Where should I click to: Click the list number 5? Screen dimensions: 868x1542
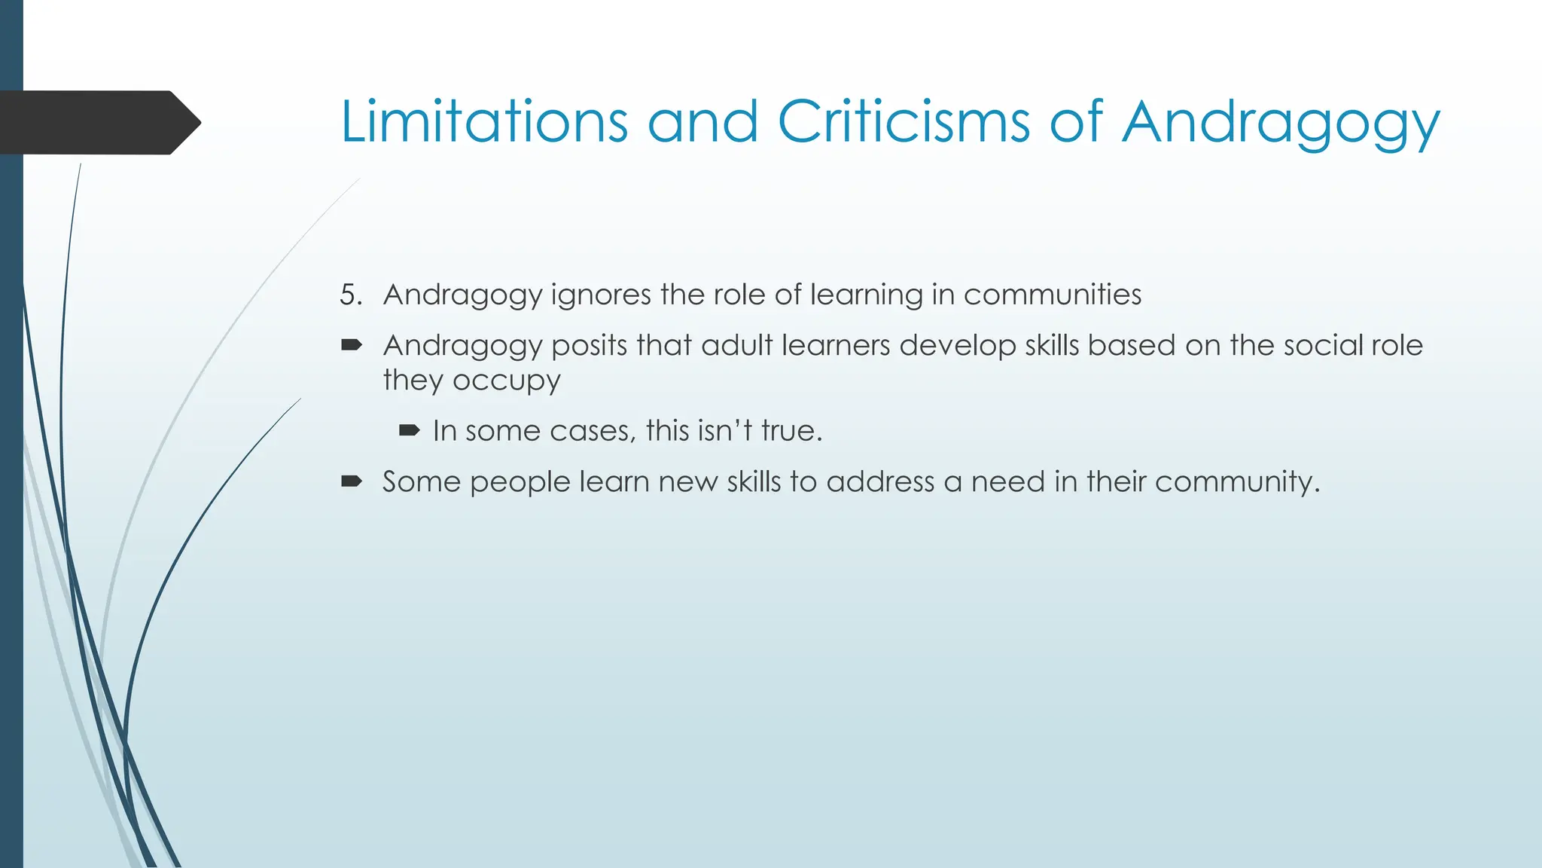tap(350, 295)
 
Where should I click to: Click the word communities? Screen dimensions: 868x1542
tap(1052, 295)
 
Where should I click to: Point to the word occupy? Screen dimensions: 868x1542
tap(506, 381)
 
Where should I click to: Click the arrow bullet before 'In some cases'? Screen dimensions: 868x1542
tap(409, 431)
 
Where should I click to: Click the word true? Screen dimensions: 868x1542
tap(791, 431)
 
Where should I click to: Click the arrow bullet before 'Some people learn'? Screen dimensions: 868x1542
tap(352, 481)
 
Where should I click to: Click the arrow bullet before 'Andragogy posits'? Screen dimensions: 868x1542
tap(352, 346)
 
